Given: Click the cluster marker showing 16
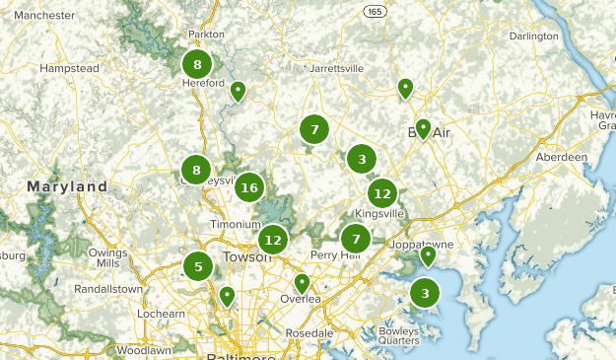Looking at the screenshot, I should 248,187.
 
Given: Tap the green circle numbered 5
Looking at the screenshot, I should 198,266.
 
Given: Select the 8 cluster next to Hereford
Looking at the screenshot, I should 197,65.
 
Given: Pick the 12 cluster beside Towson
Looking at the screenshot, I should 273,239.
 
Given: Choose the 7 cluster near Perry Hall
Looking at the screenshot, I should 356,239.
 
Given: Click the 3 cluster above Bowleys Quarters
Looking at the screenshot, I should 425,293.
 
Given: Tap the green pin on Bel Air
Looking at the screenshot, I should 423,128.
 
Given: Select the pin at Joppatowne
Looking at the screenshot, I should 428,256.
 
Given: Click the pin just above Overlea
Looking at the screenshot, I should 302,283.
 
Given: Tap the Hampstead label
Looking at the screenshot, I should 69,69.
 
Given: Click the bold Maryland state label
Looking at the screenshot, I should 67,186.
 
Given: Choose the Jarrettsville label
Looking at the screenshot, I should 336,69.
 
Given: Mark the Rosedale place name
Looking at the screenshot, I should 308,333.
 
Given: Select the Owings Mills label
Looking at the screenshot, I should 108,257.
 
